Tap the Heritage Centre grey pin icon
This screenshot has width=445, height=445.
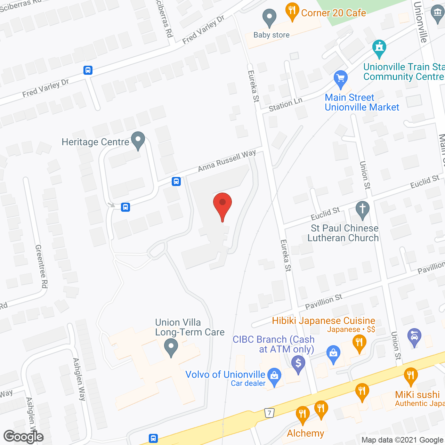(x=138, y=140)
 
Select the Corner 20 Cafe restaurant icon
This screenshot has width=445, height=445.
(x=292, y=11)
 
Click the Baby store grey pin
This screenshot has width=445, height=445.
(x=269, y=18)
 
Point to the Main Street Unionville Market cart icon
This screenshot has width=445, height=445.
(x=340, y=79)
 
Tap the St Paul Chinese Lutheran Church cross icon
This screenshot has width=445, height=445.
(x=362, y=210)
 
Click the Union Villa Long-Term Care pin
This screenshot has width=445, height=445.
(x=171, y=347)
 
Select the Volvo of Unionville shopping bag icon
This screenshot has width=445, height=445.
(x=274, y=377)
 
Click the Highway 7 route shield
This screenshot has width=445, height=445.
(x=269, y=413)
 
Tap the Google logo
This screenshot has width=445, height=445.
(x=23, y=437)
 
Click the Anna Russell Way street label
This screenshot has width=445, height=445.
(x=227, y=160)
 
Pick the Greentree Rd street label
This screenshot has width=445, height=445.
(x=41, y=266)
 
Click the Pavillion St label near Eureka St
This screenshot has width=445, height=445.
(x=323, y=301)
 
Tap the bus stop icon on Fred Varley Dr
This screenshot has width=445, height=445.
(x=88, y=70)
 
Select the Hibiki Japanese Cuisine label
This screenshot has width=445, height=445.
(x=323, y=321)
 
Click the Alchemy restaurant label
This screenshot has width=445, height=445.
(x=305, y=433)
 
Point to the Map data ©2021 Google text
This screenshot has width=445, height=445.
(x=402, y=440)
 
